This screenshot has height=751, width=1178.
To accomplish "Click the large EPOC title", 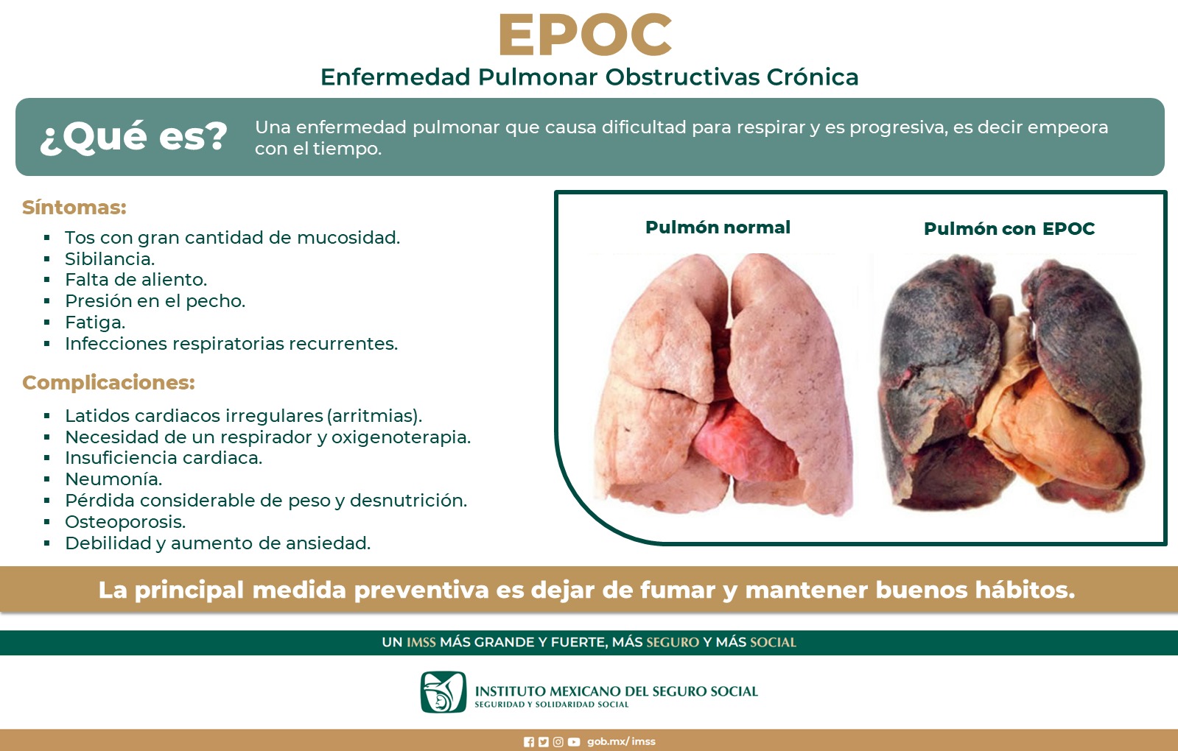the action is (x=585, y=35).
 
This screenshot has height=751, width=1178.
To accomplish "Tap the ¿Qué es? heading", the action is (x=133, y=137).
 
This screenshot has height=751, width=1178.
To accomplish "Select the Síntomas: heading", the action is (x=74, y=207).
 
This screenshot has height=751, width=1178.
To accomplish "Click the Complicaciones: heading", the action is (x=108, y=383).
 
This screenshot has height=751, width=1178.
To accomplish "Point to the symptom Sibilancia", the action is (x=110, y=258).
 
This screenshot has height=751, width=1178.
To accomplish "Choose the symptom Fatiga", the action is (x=95, y=322).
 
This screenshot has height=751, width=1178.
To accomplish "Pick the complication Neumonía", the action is (x=113, y=479).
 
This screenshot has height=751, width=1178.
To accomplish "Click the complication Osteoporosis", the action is (x=125, y=522).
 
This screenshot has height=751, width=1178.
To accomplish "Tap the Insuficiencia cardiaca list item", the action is (x=164, y=458).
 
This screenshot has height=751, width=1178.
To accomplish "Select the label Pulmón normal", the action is (x=718, y=228).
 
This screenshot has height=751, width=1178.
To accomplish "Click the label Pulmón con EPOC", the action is (x=1009, y=228).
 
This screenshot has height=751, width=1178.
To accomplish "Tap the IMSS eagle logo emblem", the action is (x=443, y=691).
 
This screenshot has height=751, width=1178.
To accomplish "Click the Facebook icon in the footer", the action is (x=529, y=742).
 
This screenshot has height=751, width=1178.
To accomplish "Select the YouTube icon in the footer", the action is (x=574, y=742).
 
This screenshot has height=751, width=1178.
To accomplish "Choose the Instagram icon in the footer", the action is (x=558, y=742).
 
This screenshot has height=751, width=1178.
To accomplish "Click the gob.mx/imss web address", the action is (x=621, y=741).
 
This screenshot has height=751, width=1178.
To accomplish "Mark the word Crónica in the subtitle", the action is (x=813, y=77).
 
